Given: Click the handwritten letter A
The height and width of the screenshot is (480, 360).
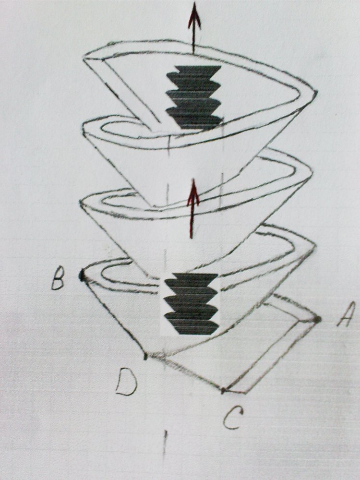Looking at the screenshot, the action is (x=346, y=314).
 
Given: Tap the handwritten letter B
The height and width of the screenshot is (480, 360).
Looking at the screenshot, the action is (x=58, y=278).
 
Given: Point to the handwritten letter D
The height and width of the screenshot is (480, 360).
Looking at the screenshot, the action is (x=126, y=382).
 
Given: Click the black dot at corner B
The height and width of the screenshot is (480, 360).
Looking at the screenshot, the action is (x=82, y=275).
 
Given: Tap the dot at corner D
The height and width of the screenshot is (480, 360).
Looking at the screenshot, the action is (x=146, y=356).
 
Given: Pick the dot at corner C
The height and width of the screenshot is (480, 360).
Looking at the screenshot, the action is (x=223, y=390).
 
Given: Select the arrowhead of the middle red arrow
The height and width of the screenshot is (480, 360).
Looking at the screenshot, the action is (x=193, y=193).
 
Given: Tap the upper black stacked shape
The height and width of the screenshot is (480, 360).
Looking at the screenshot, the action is (x=193, y=97).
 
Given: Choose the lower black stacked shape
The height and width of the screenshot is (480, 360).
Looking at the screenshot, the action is (x=192, y=303).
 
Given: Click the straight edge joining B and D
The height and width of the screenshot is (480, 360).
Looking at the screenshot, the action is (x=114, y=316).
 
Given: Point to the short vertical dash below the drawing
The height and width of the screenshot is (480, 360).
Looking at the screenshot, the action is (x=165, y=445).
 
